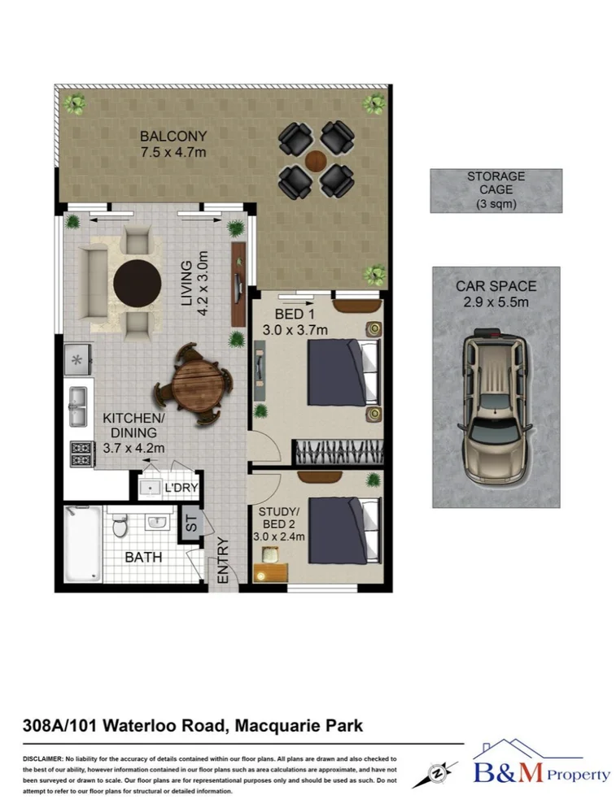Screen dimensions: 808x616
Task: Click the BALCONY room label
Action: pyautogui.click(x=173, y=136)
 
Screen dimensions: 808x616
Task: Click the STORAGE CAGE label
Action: pyautogui.click(x=496, y=183)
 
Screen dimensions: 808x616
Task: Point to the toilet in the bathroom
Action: pyautogui.click(x=120, y=527)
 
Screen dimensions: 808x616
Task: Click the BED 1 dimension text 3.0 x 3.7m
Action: pyautogui.click(x=295, y=329)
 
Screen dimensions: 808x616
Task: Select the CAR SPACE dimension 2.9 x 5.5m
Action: pyautogui.click(x=496, y=302)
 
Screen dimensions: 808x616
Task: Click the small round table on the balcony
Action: pyautogui.click(x=316, y=159)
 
